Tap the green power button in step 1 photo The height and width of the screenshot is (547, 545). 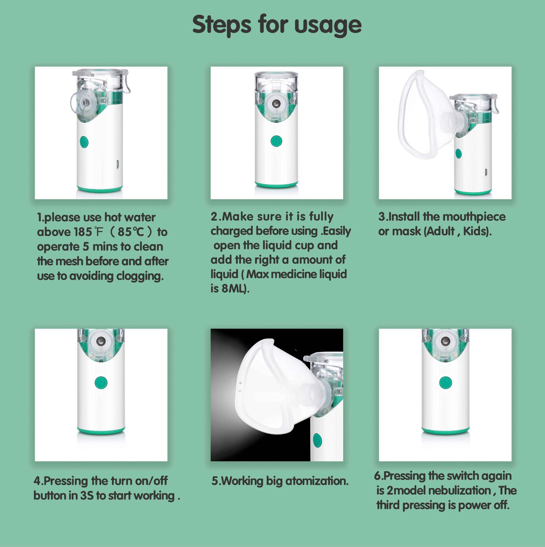[84, 142]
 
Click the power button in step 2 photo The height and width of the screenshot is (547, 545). [276, 141]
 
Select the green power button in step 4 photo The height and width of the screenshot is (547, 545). [101, 383]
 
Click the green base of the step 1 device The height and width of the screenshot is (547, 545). [100, 189]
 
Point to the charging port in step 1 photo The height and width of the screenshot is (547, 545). [117, 165]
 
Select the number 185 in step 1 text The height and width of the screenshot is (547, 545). [83, 232]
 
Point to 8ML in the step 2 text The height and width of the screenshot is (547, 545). [235, 289]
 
